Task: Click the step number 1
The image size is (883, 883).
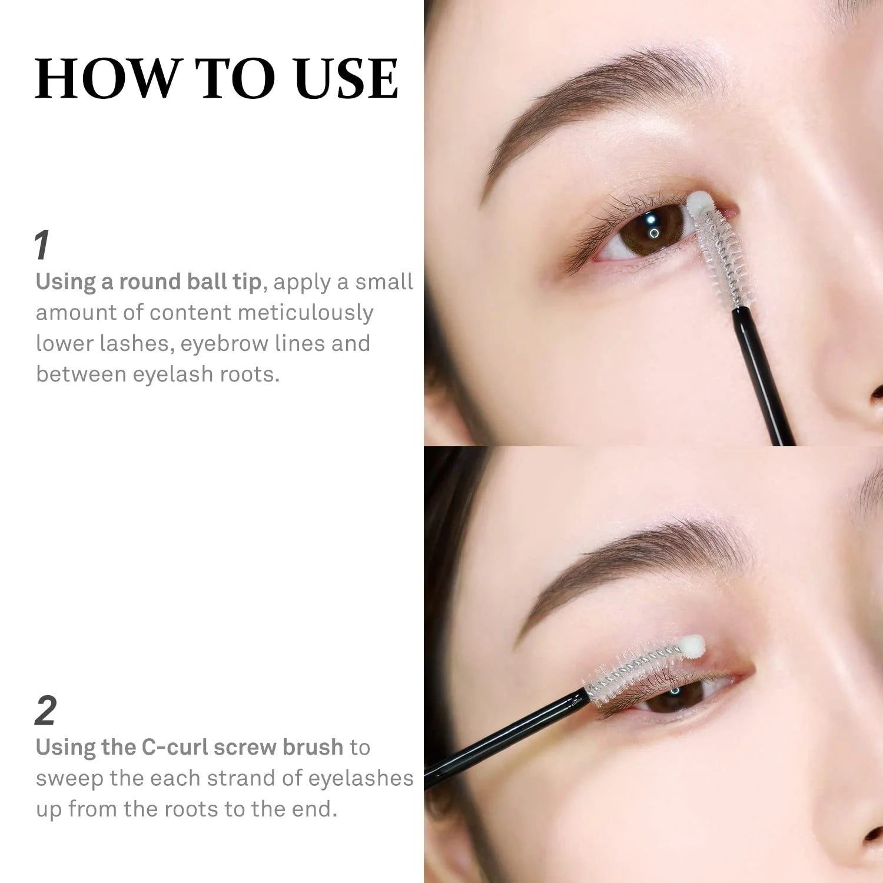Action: pos(42,245)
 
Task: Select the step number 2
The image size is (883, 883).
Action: pos(46,711)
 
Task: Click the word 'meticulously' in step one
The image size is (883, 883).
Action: pos(306,313)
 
